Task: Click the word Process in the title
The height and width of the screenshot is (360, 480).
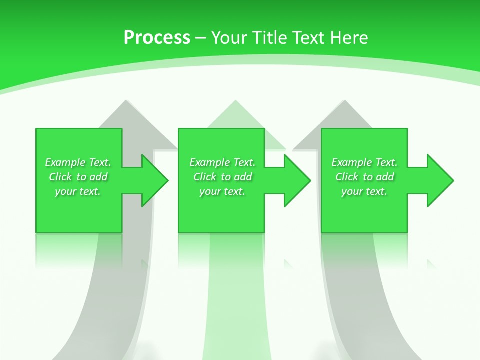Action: (157, 38)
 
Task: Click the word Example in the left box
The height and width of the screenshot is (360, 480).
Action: (64, 162)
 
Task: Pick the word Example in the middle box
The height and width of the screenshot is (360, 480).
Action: (209, 162)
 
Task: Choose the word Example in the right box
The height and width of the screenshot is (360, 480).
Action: (351, 162)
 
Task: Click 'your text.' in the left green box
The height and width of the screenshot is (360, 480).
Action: (78, 191)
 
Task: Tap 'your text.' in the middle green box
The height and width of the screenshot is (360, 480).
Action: (222, 191)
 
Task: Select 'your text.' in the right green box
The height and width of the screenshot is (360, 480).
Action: (364, 191)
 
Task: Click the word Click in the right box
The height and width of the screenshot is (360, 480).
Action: (347, 177)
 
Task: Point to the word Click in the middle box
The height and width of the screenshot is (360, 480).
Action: (205, 177)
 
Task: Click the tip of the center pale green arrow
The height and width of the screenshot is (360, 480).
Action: (235, 101)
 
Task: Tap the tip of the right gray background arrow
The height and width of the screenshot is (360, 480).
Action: (344, 101)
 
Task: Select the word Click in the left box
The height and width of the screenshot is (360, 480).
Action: (60, 177)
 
